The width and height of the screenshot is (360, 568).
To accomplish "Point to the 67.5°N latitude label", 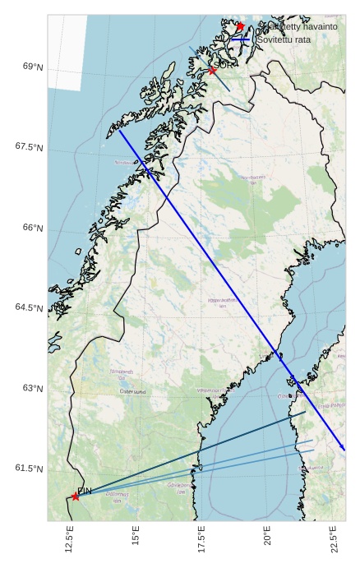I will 29,147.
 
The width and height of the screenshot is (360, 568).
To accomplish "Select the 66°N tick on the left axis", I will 33,228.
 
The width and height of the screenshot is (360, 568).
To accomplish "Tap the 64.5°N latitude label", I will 29,307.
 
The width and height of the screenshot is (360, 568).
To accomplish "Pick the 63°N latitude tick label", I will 33,388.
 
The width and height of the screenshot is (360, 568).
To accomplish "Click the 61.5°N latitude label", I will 29,469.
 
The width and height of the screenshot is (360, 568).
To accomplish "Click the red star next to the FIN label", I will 76,496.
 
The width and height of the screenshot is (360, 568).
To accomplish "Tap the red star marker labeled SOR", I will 212,71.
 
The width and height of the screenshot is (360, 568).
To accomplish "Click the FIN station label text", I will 84,491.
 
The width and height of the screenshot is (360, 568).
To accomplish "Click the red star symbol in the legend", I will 240,27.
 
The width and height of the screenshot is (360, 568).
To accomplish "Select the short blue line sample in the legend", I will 240,39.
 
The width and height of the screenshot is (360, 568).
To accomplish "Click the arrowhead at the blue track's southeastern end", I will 343,449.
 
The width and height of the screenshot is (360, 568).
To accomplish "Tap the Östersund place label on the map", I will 132,392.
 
